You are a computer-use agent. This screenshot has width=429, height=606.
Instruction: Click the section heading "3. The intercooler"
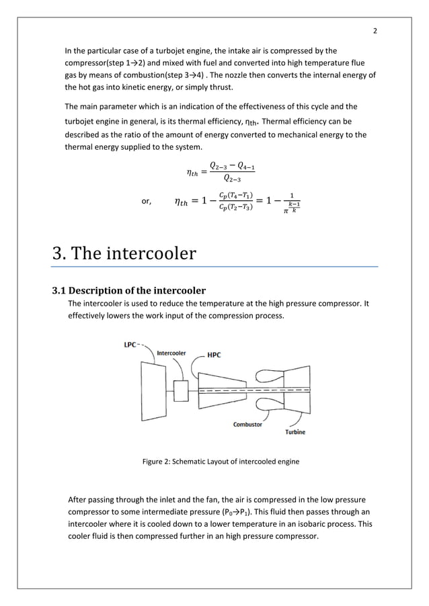(124, 253)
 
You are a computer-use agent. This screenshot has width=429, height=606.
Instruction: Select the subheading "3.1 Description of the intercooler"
(129, 291)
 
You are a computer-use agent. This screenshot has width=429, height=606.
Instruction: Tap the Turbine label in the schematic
(293, 432)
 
